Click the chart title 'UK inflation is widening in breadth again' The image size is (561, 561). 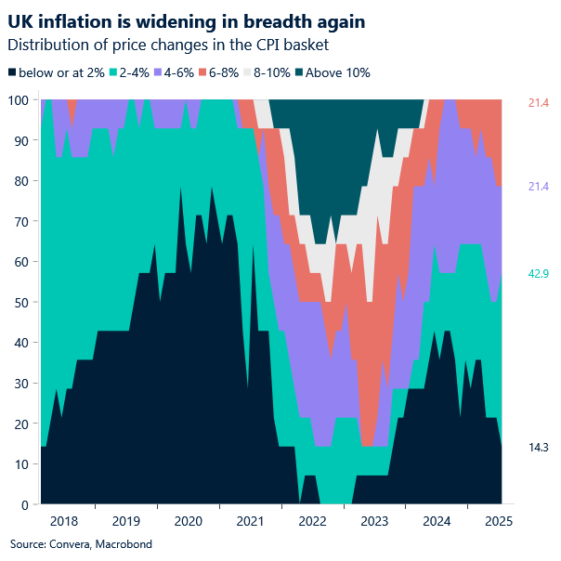click(x=186, y=20)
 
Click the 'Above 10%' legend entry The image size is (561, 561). click(x=340, y=72)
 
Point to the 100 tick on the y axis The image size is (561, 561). click(x=20, y=100)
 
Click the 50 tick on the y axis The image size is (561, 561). click(x=22, y=303)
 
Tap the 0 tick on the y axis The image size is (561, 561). click(x=25, y=504)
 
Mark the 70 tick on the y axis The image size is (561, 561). click(x=22, y=222)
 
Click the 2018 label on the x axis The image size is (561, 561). click(x=64, y=521)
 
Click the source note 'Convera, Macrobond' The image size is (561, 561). click(x=80, y=543)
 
